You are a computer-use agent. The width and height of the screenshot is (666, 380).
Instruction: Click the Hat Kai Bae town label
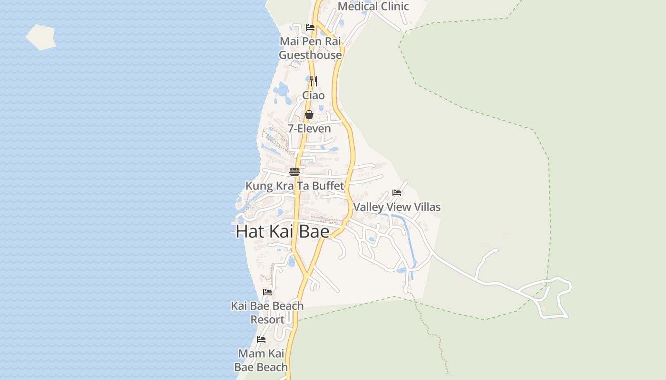[283, 231]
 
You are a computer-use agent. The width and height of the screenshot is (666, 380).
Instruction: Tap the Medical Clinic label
[373, 6]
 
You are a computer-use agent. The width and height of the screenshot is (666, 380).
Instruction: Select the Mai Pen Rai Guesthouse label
[310, 48]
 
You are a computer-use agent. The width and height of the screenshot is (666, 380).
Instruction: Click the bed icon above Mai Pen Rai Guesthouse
[310, 28]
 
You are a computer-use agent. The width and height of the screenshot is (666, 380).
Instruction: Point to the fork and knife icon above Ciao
[313, 81]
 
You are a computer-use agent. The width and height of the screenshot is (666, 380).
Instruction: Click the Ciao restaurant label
[313, 95]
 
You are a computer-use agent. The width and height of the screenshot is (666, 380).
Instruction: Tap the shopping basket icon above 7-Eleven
[309, 114]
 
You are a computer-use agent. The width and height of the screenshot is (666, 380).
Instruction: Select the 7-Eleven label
[309, 129]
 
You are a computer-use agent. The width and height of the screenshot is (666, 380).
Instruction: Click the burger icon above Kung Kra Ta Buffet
[294, 171]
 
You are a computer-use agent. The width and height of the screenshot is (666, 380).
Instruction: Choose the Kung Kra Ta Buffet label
[294, 186]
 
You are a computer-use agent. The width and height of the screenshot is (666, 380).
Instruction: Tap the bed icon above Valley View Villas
[397, 193]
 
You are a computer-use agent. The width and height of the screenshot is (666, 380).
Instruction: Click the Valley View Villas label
[397, 207]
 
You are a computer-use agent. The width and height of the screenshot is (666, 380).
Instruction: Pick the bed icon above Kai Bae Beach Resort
[267, 292]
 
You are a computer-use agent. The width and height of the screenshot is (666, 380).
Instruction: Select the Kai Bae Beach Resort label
[267, 313]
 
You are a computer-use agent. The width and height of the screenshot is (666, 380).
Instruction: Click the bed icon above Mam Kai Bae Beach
[261, 340]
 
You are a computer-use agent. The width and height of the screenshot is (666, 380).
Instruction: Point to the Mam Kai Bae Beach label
[261, 360]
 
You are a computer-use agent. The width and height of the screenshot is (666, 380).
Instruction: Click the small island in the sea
[40, 37]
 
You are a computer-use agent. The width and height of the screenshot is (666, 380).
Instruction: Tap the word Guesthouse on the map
[310, 55]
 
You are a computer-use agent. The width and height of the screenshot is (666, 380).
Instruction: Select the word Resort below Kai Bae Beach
[267, 320]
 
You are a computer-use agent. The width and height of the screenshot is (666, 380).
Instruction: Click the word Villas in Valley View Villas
[425, 207]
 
